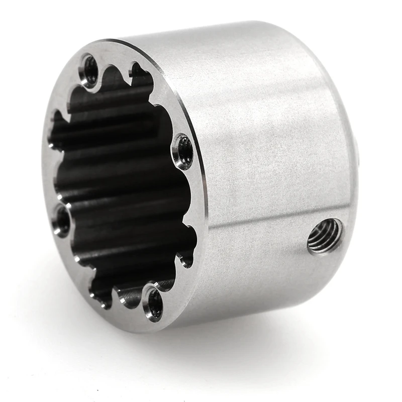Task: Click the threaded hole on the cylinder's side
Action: click(325, 236)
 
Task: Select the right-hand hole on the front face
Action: click(183, 150)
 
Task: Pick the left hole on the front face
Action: click(62, 220)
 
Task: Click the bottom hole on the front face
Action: click(154, 303)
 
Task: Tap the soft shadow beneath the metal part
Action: click(226, 347)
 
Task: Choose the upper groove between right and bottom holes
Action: click(191, 234)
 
